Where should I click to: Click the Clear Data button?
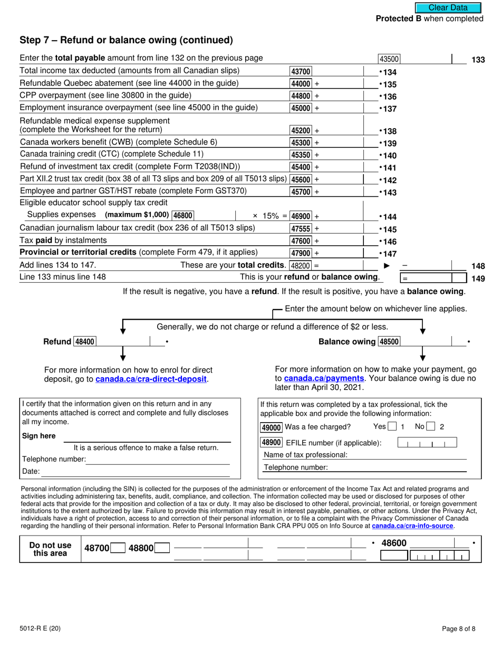448,7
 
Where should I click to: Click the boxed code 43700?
301,71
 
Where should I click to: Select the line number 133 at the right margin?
478,60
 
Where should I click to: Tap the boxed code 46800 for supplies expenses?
183,215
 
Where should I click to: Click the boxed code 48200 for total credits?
301,265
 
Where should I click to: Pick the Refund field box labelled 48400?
85,341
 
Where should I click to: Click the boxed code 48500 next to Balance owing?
389,341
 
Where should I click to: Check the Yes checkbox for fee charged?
392,427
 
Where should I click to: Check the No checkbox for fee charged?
431,427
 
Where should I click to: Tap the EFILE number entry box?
427,443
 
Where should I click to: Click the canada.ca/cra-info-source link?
412,526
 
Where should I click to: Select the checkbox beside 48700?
119,548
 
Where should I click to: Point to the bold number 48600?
394,543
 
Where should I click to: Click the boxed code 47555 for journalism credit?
301,228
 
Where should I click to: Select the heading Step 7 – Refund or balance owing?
126,40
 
